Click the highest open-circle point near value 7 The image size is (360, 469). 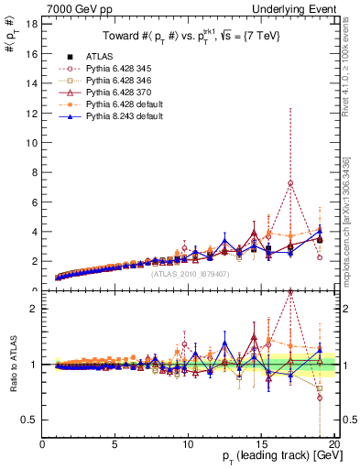coord(289,183)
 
